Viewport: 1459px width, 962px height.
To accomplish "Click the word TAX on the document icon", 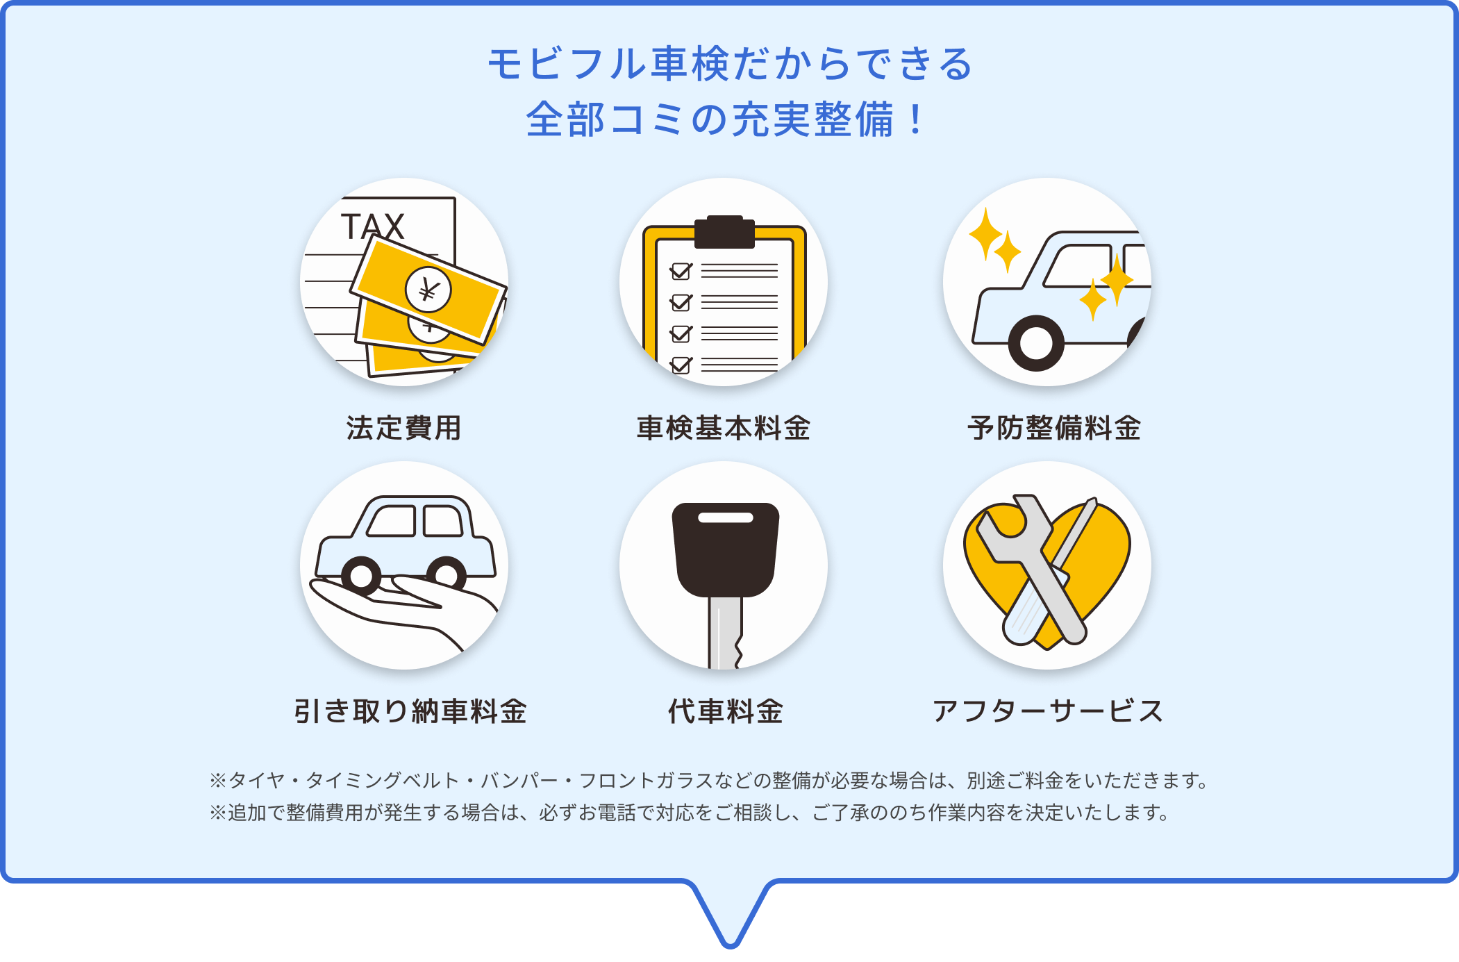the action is [372, 226].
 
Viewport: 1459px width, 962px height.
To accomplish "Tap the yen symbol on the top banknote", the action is [428, 290].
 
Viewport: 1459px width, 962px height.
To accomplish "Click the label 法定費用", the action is [403, 428].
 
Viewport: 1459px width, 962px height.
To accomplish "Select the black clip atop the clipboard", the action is [724, 232].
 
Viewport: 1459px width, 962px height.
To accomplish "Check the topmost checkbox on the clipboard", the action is [681, 271].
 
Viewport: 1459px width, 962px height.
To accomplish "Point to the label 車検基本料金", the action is [724, 428].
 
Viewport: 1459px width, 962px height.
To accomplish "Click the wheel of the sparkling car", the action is [1036, 343].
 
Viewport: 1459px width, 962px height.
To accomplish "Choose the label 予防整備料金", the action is [1054, 428].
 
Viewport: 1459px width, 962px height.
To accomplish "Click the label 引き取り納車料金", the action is [410, 711].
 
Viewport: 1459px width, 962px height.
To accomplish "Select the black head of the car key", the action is [726, 549].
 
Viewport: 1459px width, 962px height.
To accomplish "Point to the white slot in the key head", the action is [726, 517].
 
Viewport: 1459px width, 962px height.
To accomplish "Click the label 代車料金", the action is [726, 711].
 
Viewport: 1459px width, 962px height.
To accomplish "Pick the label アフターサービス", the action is [1047, 711].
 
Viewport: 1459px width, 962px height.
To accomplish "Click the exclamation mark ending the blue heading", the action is [917, 119].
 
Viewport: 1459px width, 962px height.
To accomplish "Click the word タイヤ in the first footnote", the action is [258, 781].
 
